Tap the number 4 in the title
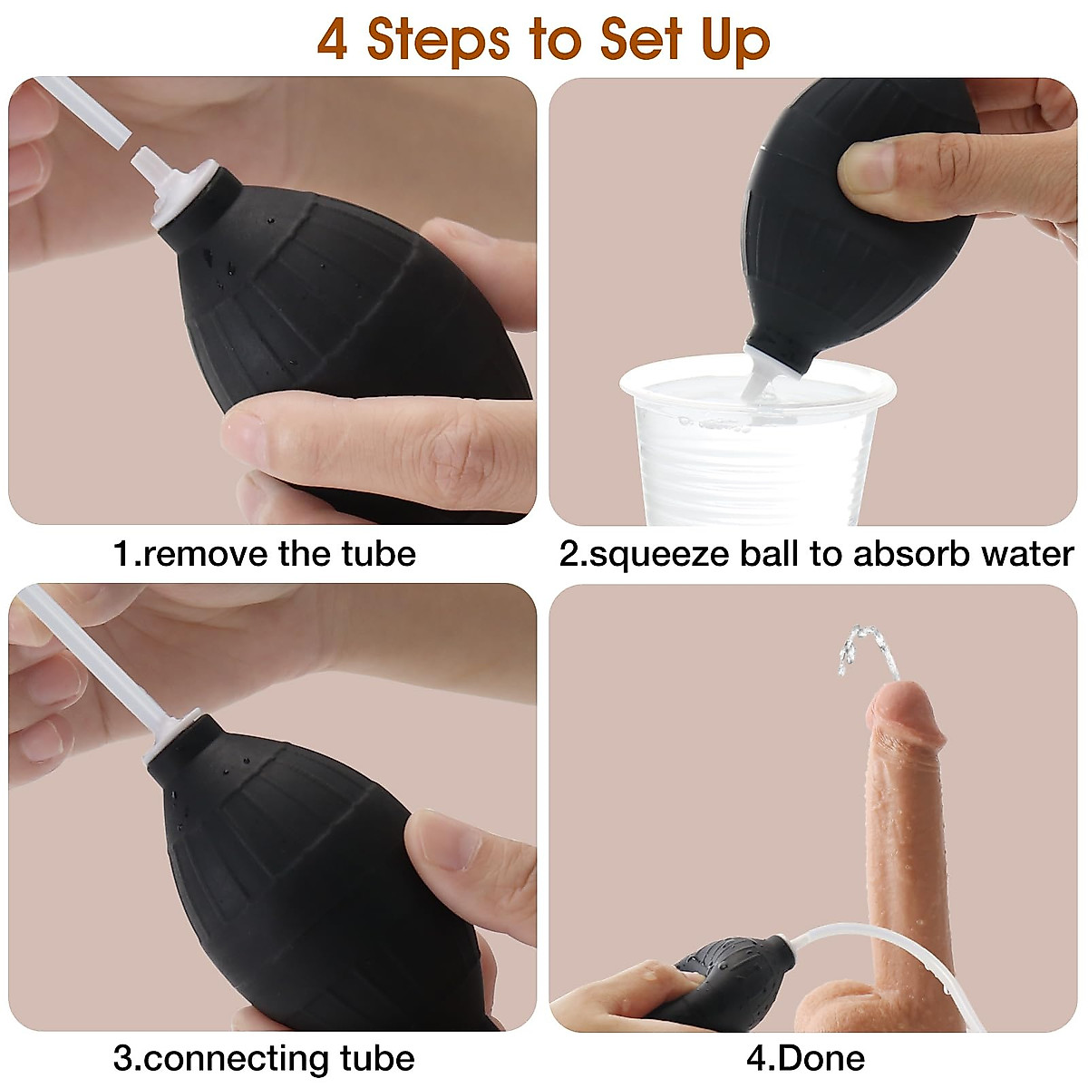(x=332, y=41)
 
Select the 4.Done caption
(x=805, y=1058)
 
